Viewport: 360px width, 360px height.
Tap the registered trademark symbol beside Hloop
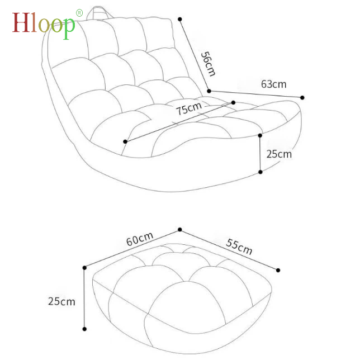(79, 12)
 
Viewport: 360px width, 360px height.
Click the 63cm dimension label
(273, 84)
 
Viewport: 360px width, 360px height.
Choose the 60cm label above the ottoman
(139, 239)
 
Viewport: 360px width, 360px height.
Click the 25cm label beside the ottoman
(61, 301)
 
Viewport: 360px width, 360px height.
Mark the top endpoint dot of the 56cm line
(180, 19)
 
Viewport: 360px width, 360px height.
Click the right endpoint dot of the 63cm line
(302, 97)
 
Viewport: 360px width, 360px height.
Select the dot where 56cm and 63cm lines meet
(209, 91)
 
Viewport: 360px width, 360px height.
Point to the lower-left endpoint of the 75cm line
(125, 141)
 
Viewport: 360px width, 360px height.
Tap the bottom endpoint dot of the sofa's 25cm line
(260, 172)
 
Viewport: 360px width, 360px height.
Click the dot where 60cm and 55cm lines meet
(180, 229)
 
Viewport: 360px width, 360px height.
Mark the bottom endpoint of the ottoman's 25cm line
(84, 329)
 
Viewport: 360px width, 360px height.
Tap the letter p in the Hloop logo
(68, 28)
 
